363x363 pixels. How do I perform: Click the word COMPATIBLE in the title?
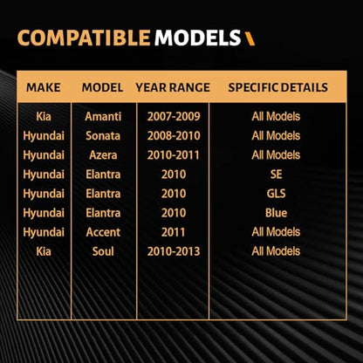point(84,38)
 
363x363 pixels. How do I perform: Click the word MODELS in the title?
point(198,38)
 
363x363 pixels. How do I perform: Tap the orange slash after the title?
point(250,38)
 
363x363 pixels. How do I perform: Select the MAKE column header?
point(44,87)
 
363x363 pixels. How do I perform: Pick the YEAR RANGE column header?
point(173,87)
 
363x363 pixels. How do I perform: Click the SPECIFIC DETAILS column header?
point(277,87)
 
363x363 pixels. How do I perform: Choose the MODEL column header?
point(102,87)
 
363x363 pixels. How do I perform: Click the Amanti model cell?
point(103,117)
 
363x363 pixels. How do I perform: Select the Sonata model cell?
point(103,136)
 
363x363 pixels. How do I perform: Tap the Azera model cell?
point(103,155)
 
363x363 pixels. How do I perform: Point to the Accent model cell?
point(103,232)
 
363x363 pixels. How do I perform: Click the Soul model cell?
point(103,251)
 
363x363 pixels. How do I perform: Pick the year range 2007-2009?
point(174,117)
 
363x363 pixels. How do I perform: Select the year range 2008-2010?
point(174,136)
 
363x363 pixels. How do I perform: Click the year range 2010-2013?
point(174,251)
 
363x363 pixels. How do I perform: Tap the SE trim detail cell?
point(276,175)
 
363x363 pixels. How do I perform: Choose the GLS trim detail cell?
point(276,194)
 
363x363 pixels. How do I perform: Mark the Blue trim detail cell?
point(276,213)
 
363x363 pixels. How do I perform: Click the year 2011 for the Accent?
point(174,232)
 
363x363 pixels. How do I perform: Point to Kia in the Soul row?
point(44,251)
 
